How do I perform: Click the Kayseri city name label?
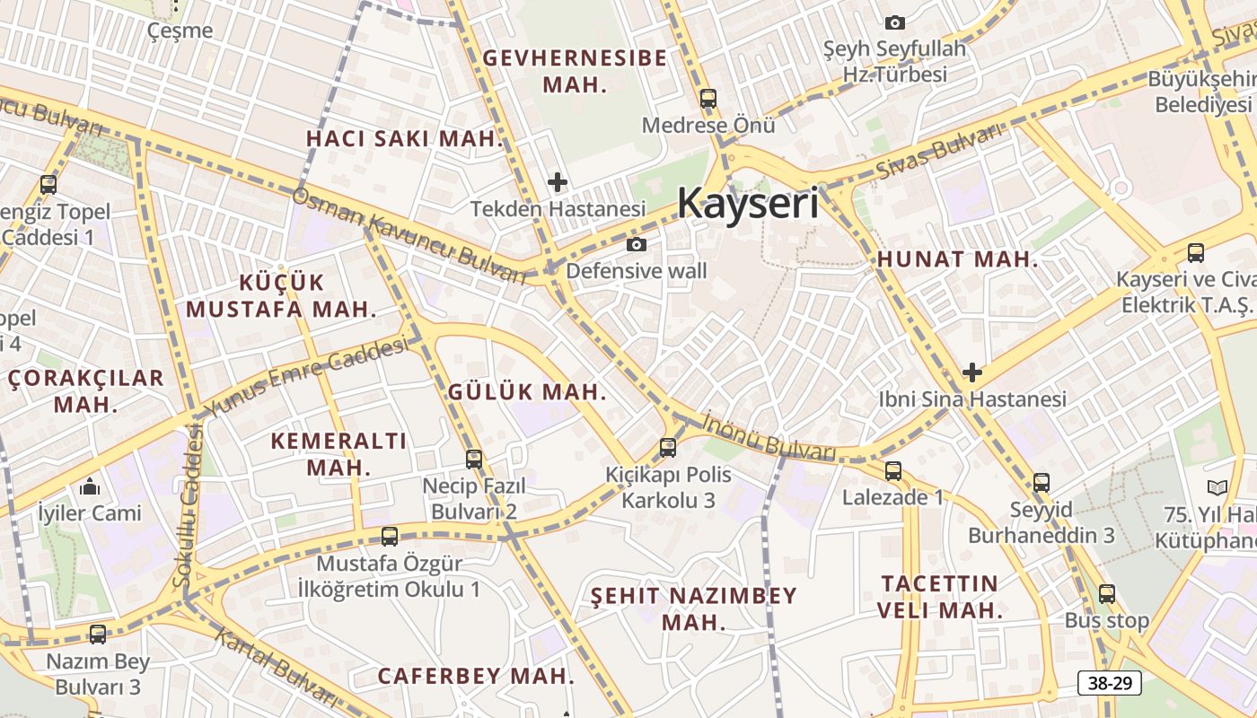click(748, 203)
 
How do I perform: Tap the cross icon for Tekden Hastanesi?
click(558, 182)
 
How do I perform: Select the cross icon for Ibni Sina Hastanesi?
click(971, 372)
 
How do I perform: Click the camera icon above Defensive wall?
click(637, 245)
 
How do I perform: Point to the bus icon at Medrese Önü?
click(708, 99)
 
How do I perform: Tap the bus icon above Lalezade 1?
click(892, 471)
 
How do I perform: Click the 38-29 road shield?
click(1110, 683)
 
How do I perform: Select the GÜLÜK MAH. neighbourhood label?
click(527, 392)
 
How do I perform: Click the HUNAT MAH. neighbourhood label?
click(957, 260)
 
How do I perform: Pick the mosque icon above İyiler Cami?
click(90, 487)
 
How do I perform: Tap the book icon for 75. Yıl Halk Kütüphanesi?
click(1217, 488)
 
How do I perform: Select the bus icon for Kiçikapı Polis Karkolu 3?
click(667, 447)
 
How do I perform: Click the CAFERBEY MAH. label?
click(476, 676)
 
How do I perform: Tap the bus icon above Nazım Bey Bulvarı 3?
click(98, 635)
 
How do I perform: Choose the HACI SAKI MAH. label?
click(405, 139)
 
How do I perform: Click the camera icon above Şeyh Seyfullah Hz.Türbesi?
click(895, 22)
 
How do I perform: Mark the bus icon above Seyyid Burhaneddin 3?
click(1042, 483)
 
